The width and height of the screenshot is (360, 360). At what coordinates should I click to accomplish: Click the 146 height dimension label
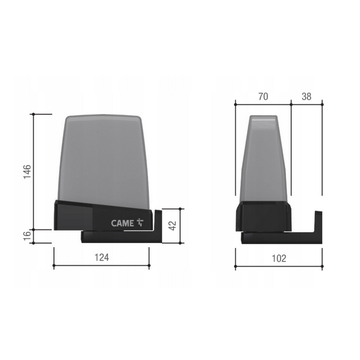(27, 171)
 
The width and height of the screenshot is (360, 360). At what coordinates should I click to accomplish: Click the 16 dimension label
(27, 236)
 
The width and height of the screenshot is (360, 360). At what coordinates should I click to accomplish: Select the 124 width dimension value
(102, 257)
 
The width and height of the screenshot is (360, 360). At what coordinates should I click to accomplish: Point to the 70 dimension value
(263, 96)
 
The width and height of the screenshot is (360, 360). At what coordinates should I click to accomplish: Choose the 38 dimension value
(306, 96)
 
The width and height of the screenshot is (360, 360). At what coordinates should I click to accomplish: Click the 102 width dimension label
(279, 258)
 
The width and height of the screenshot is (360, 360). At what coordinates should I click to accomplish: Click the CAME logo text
(122, 223)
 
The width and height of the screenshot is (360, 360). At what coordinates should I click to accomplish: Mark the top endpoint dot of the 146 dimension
(34, 114)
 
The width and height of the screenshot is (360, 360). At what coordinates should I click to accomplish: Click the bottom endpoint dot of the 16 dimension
(34, 243)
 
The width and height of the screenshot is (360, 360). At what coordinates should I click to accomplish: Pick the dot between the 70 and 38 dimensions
(291, 104)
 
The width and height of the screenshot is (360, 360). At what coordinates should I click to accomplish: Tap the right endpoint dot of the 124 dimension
(149, 265)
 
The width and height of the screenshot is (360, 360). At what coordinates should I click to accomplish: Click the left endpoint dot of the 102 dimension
(235, 267)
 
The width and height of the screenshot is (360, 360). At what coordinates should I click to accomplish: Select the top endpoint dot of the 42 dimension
(180, 209)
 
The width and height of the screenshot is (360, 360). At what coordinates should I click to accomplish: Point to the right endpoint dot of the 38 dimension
(322, 104)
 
